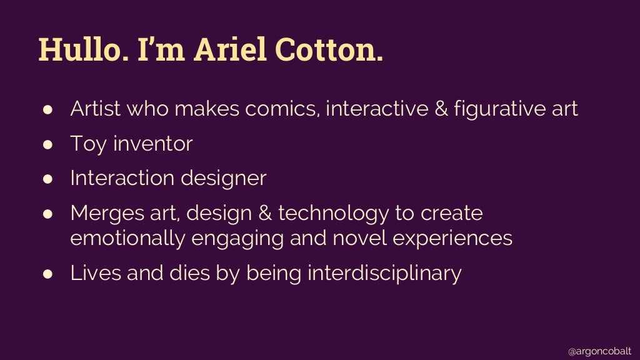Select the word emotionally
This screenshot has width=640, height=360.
click(124, 238)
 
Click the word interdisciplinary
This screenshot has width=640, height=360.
click(384, 273)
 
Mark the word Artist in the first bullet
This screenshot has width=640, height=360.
click(94, 109)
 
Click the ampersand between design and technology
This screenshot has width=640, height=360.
click(262, 213)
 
